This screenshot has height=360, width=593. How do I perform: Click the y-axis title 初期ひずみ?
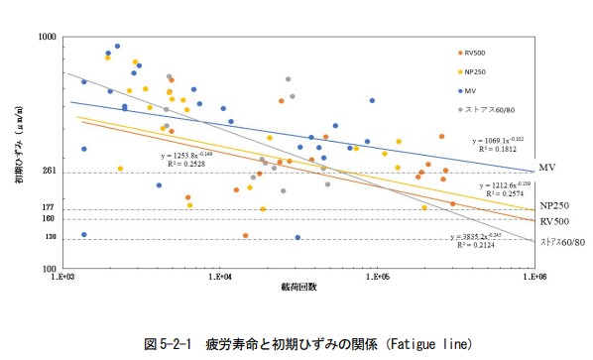20,149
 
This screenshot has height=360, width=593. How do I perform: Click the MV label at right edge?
545,168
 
